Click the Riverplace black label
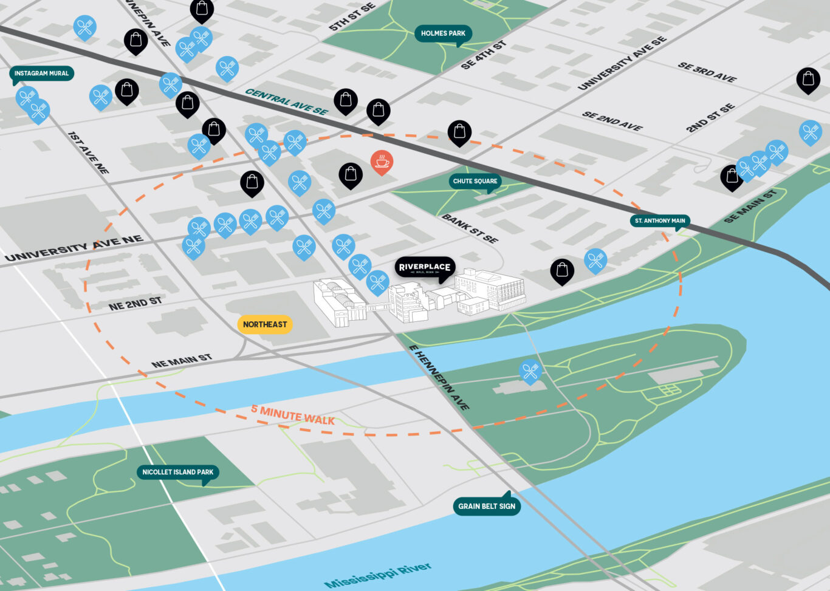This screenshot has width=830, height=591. point(424,267)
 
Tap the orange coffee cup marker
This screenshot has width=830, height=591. point(382,162)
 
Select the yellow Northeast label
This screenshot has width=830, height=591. point(265,324)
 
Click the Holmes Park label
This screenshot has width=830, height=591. point(443,33)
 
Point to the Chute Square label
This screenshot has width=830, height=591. point(475,181)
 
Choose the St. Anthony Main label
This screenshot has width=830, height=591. point(660,220)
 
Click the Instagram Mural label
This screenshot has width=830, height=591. point(41,73)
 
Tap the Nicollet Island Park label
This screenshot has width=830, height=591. point(177,472)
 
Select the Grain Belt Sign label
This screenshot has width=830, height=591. point(487,506)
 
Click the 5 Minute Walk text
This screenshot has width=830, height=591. point(293,415)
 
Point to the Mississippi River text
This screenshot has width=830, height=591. point(378,575)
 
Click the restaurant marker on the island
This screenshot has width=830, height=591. point(530,370)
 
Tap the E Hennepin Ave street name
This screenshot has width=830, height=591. point(439,377)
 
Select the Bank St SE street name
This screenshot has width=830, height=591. point(470,228)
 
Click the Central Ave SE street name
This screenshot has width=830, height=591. point(286,101)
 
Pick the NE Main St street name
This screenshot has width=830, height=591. point(182,361)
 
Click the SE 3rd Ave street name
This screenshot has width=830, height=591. point(707,72)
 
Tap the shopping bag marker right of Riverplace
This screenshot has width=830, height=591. point(562,270)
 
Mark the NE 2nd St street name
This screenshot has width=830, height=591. point(135,304)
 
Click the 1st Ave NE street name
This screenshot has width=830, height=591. point(88,152)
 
